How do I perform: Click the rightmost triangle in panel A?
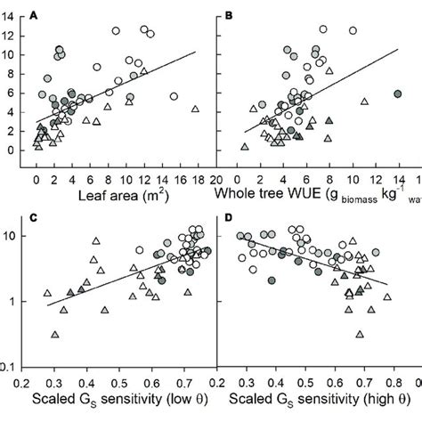pos(195,109)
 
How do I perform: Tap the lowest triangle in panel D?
pos(360,335)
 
